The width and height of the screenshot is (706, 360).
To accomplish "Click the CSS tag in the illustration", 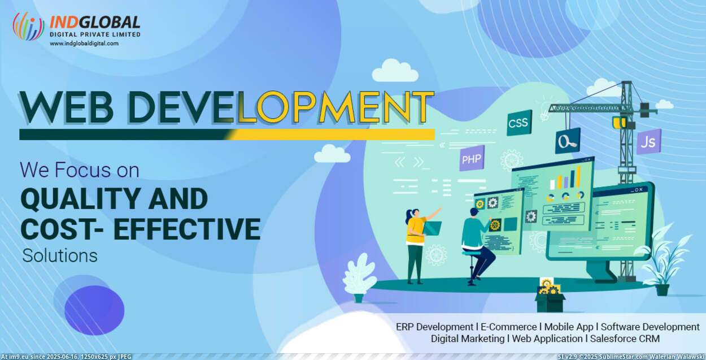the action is click(519, 123).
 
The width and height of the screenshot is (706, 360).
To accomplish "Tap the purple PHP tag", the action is click(472, 158).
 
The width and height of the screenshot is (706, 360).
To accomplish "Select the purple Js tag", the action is click(648, 141).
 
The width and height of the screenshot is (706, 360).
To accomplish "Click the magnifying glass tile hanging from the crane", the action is click(567, 141).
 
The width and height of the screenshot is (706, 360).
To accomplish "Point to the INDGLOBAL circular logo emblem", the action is click(28, 26).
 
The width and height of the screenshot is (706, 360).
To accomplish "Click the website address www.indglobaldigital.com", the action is click(84, 44).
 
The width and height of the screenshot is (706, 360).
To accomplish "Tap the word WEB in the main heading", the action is click(67, 107).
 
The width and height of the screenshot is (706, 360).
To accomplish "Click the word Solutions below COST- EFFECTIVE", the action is click(60, 255).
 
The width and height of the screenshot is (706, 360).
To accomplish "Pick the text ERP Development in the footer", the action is click(434, 327).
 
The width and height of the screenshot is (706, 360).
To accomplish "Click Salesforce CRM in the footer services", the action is click(625, 339).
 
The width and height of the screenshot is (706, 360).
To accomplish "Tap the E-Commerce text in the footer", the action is click(508, 327).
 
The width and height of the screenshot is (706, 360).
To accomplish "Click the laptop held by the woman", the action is click(432, 228).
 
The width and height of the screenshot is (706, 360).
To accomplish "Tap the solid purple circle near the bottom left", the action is click(94, 310).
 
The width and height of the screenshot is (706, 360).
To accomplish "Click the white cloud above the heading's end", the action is click(395, 71).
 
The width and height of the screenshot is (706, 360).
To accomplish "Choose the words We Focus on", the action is click(80, 170).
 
